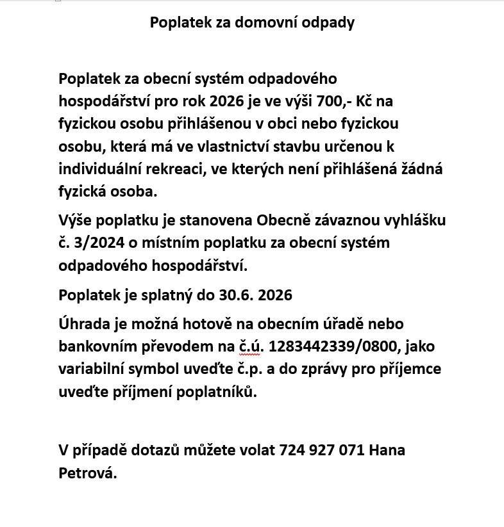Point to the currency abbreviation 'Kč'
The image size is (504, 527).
365,101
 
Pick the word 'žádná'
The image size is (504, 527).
421,169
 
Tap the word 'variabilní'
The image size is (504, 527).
92,369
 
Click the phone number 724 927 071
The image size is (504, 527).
323,450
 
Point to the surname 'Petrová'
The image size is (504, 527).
87,473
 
